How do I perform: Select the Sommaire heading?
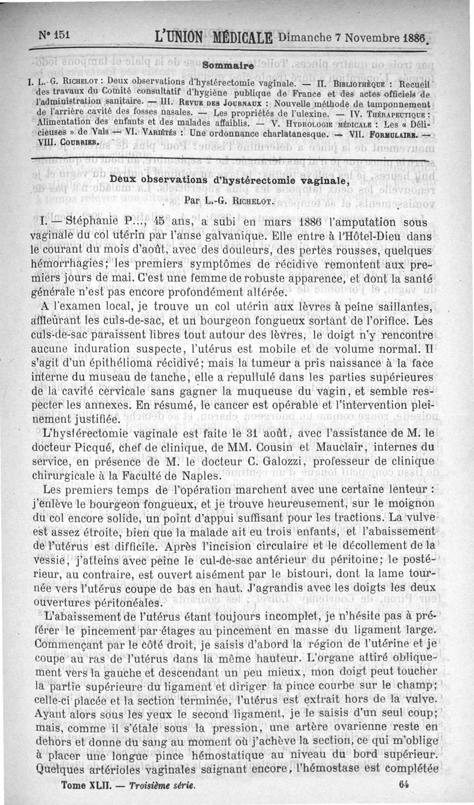[x=228, y=64]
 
